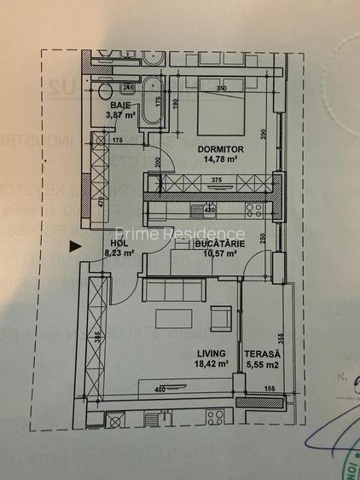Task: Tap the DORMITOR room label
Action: (218, 147)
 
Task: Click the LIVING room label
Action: (211, 353)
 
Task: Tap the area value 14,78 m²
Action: (218, 157)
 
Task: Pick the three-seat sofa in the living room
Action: (173, 292)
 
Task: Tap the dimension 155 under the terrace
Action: (270, 390)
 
